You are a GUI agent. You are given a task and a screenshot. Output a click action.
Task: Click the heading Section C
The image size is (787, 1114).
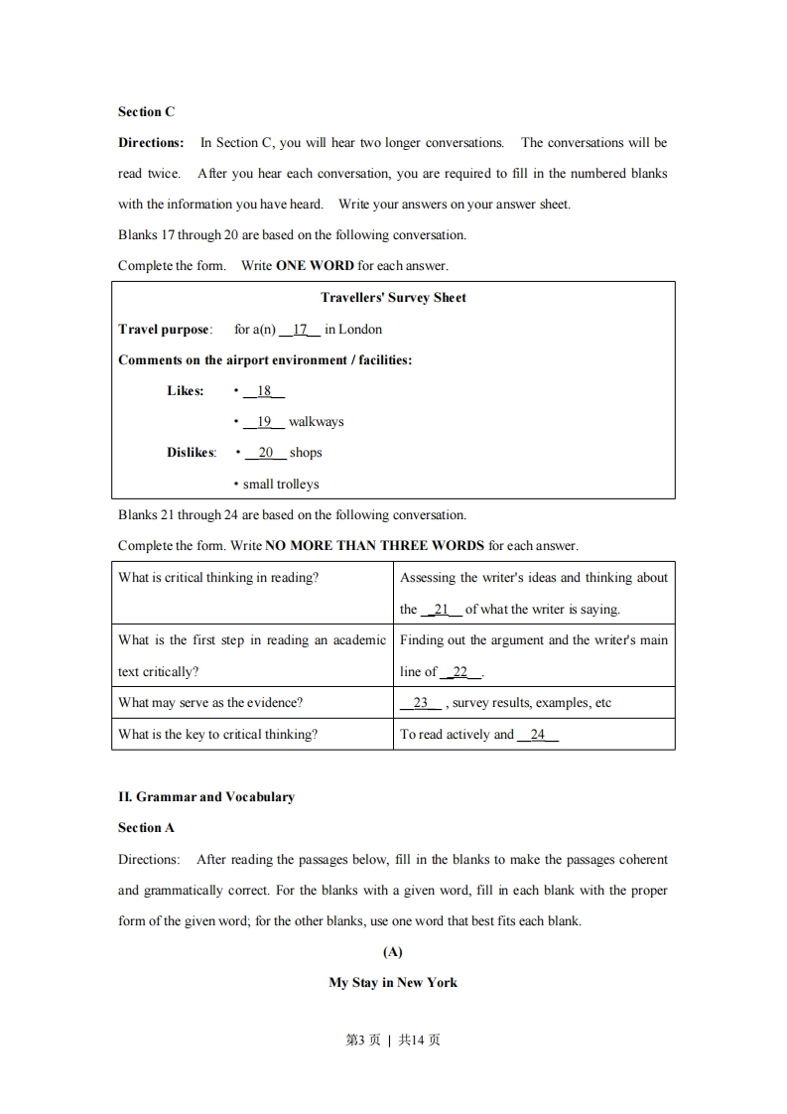pos(146,111)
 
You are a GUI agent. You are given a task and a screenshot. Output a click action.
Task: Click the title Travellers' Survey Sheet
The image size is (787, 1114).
pos(393,297)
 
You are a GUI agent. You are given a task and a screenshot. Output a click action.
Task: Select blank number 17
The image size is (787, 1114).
pos(300,329)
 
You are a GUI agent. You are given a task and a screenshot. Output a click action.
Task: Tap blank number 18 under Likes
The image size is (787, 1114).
pos(264,390)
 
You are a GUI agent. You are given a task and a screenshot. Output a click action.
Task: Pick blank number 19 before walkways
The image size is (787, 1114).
pos(264,421)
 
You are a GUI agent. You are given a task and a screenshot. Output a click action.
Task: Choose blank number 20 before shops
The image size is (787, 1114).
pos(265,452)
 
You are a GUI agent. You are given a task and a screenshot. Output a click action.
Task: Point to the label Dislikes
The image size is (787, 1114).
pos(191,452)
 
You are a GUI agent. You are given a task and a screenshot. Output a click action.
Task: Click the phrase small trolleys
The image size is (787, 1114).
pos(281,484)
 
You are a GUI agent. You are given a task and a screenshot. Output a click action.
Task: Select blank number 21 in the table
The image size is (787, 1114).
pos(442,609)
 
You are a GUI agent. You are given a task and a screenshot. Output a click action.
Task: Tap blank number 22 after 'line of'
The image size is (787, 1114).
pos(459,671)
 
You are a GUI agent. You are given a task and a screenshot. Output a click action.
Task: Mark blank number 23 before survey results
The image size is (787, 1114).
pos(421,702)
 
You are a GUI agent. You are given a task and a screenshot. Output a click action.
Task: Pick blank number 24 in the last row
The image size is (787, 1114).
pos(538,734)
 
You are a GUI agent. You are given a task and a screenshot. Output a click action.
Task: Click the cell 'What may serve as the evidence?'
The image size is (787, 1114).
pos(210,702)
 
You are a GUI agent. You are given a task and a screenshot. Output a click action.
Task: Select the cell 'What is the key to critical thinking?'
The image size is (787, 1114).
pos(218,734)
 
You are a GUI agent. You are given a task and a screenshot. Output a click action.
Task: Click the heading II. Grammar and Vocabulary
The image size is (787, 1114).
pos(206,796)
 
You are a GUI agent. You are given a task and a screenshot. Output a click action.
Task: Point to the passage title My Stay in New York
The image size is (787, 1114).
pos(393,982)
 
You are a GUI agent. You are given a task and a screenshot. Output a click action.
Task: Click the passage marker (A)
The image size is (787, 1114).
pos(393,951)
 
